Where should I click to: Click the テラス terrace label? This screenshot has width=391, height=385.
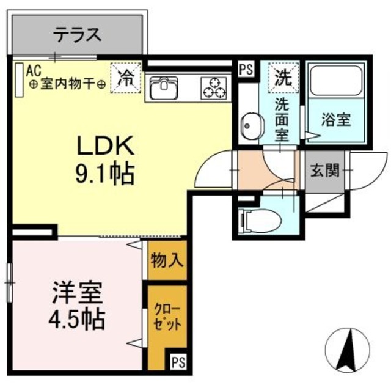tap(78, 35)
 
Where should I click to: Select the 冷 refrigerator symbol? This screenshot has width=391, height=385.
tap(126, 77)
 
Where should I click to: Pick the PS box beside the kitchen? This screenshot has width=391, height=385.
tap(246, 69)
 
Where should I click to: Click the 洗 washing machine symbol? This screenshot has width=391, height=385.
tap(282, 77)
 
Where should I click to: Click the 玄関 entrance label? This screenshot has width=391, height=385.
tap(324, 170)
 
